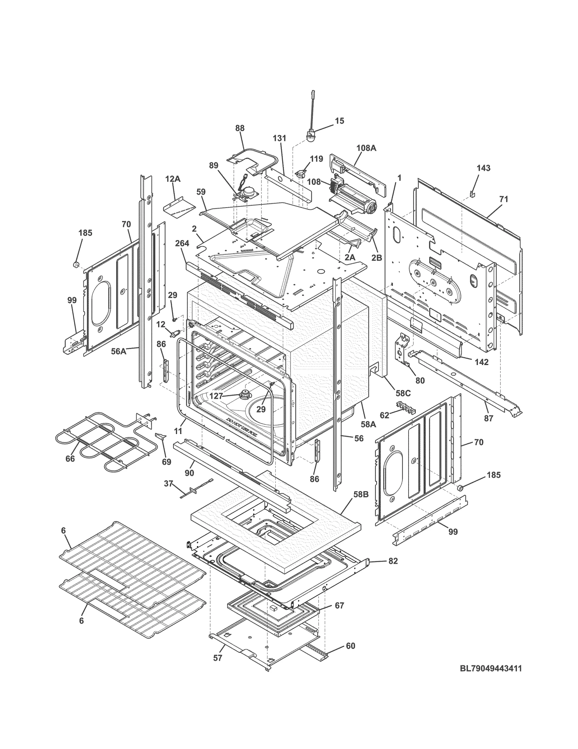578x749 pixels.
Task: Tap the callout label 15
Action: [340, 121]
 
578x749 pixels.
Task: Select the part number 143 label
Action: [483, 168]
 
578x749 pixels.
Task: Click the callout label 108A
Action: [366, 148]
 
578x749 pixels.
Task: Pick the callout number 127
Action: [216, 396]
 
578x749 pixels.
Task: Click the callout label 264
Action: [182, 243]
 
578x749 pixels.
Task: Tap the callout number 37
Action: [168, 484]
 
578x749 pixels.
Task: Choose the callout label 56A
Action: [118, 351]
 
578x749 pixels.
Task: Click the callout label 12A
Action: [173, 179]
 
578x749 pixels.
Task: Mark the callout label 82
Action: [393, 561]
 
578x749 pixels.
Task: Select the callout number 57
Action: [217, 658]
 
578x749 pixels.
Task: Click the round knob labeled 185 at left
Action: [77, 265]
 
